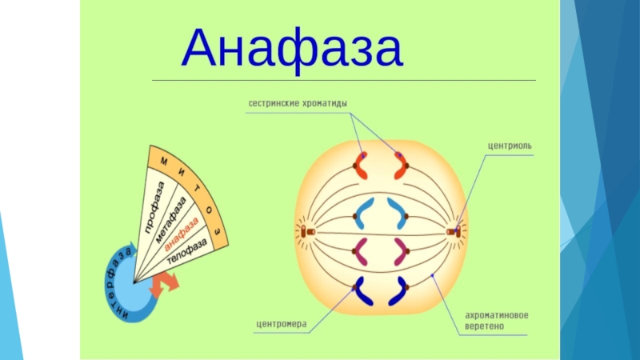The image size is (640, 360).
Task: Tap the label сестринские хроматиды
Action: pyautogui.click(x=297, y=104)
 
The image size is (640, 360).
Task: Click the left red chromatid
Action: pyautogui.click(x=359, y=166)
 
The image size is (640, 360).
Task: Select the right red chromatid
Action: pyautogui.click(x=399, y=166)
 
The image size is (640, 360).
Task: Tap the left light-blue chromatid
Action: pyautogui.click(x=363, y=214)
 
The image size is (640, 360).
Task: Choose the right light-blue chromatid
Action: pyautogui.click(x=398, y=214)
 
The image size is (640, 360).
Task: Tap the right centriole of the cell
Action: pyautogui.click(x=453, y=233)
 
